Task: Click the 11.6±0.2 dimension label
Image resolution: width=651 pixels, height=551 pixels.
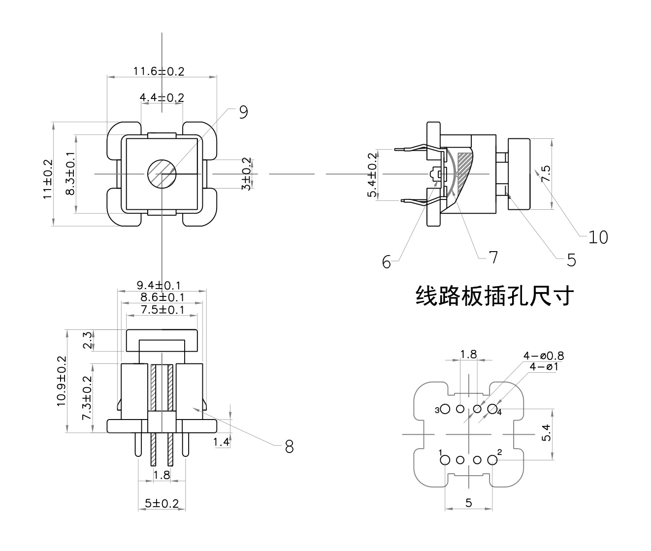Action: [159, 71]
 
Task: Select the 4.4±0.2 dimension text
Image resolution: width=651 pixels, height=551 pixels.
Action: [162, 97]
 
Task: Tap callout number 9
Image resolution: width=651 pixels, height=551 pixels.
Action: [243, 112]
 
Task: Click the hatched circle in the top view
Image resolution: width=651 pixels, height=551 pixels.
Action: [162, 174]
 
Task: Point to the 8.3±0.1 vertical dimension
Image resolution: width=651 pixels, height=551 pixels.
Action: [70, 174]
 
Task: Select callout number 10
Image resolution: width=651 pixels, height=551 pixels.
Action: [598, 237]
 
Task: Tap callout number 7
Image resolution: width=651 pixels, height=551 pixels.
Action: [493, 257]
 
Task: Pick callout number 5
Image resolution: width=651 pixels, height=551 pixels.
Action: [571, 259]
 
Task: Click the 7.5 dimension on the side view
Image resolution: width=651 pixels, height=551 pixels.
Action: [546, 174]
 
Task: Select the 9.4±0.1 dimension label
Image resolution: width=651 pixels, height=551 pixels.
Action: [159, 285]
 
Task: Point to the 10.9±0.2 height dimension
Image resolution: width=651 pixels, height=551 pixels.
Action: [62, 381]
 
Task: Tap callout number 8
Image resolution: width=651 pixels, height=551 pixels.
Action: [289, 447]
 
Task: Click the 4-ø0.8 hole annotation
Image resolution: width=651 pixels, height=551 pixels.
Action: [544, 356]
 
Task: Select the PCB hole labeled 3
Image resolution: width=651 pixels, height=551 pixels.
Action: [446, 409]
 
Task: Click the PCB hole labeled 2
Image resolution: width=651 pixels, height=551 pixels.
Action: [491, 460]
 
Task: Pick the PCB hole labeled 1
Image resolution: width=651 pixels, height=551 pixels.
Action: [445, 460]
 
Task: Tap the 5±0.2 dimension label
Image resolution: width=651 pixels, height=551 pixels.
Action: [162, 504]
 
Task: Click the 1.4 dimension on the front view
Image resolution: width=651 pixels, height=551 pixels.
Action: [222, 442]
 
